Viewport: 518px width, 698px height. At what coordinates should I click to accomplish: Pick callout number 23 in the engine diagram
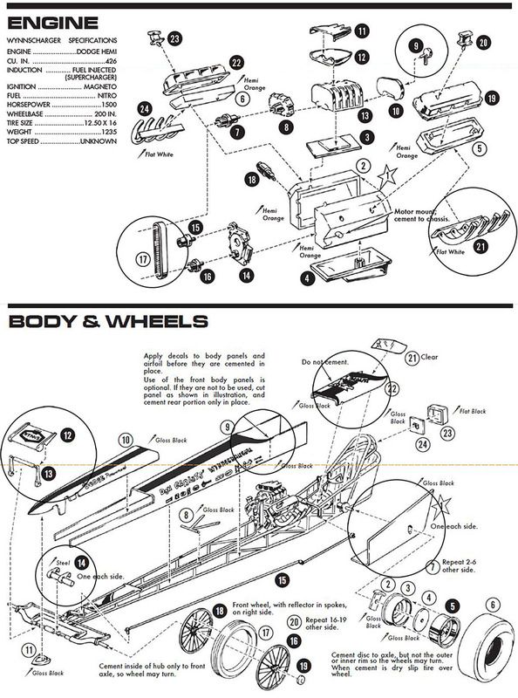tap(174, 38)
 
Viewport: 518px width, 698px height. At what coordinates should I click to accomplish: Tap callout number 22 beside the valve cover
tap(235, 63)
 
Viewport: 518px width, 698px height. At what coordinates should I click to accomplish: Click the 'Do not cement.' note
tap(320, 360)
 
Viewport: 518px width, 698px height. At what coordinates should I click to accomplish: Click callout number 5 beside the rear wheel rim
tap(453, 605)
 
